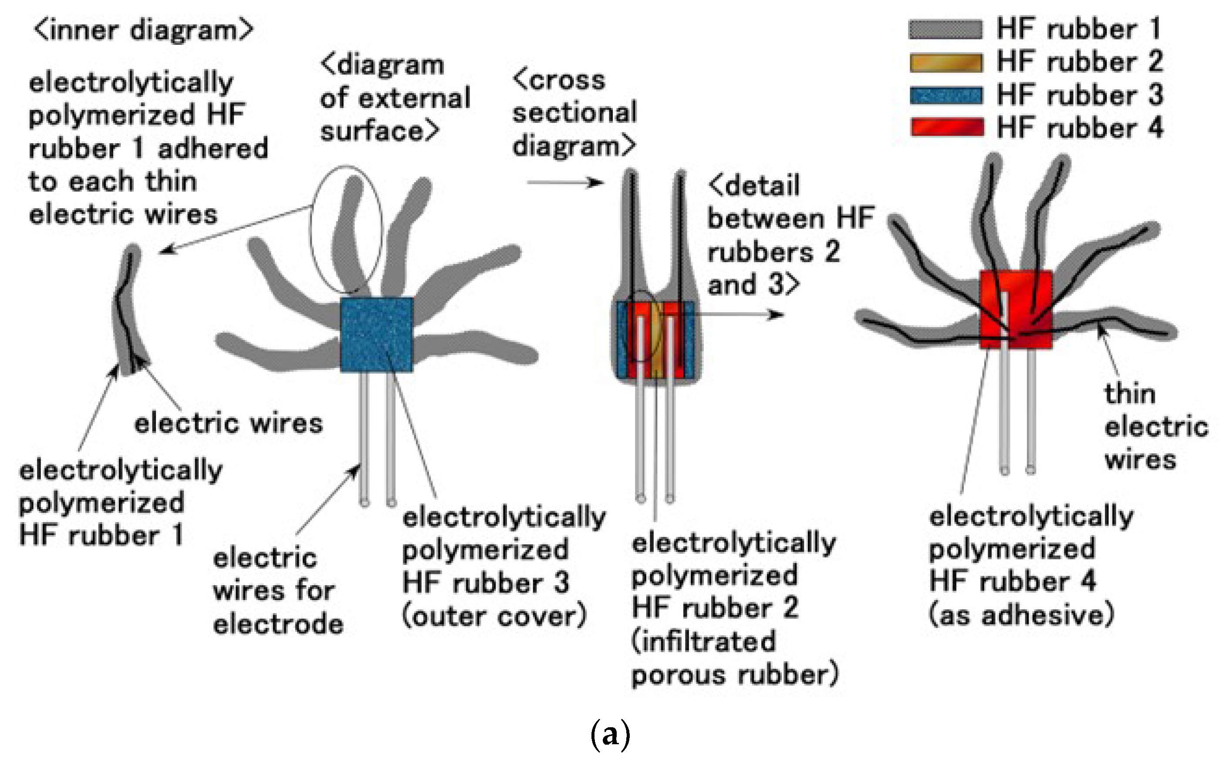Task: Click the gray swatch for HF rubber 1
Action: [946, 29]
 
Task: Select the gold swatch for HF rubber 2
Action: [946, 63]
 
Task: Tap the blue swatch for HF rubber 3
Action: [946, 96]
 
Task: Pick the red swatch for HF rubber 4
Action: [946, 127]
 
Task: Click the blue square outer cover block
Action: [376, 334]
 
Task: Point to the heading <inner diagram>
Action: [143, 30]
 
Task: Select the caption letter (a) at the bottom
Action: [611, 734]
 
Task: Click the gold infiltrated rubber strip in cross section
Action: [655, 344]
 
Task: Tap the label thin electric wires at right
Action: [1155, 427]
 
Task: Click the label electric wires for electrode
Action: [277, 591]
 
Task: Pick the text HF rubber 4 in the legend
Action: [1079, 128]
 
